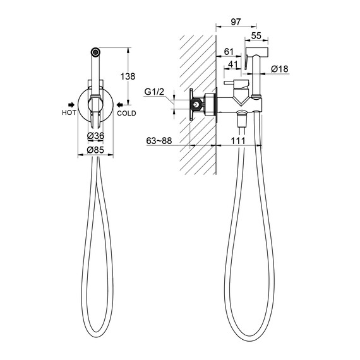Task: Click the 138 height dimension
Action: [x=128, y=76]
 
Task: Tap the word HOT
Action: [x=69, y=112]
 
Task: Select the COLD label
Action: [x=126, y=113]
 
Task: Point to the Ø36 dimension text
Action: [x=95, y=136]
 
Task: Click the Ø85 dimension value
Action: [x=95, y=150]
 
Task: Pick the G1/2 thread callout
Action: [x=154, y=92]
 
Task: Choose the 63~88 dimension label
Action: [x=159, y=141]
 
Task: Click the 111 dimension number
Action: [x=238, y=141]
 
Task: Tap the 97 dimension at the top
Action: [x=236, y=22]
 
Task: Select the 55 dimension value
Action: [x=256, y=36]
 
